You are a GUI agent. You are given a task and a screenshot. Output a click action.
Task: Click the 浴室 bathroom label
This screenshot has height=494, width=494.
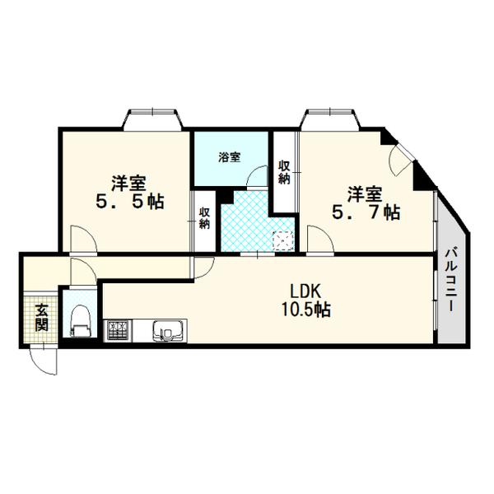(x=230, y=157)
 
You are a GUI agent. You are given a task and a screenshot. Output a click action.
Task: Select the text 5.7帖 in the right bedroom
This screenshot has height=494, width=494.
(x=366, y=212)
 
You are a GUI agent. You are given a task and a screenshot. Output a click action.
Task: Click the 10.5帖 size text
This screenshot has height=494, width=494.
(x=305, y=310)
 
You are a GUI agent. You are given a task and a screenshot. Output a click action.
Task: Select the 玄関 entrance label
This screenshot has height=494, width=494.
(x=41, y=317)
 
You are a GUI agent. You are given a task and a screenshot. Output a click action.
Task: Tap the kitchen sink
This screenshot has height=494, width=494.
(x=170, y=332)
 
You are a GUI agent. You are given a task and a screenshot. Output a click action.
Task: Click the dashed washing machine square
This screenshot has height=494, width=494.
(x=283, y=240)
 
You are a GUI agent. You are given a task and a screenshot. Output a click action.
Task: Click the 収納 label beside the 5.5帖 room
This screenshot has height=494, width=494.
(x=204, y=216)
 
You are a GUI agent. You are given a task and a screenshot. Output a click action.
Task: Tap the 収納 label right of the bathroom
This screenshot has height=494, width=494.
(x=284, y=172)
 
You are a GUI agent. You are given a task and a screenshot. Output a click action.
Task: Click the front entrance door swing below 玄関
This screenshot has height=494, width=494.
(x=44, y=360)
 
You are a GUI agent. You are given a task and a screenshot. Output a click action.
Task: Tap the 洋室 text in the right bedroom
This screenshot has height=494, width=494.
(x=363, y=194)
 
